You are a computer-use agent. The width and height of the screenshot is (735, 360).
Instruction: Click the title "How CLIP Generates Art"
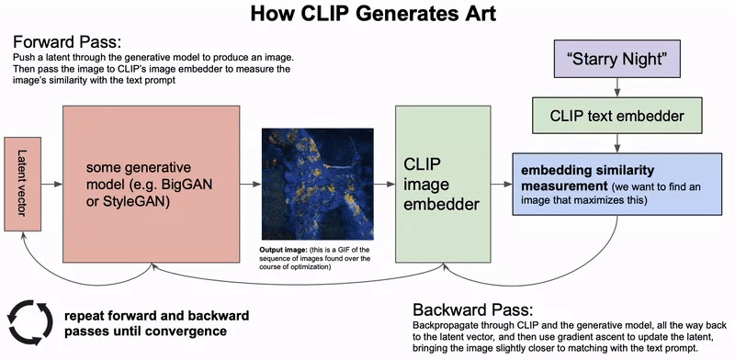[367, 17]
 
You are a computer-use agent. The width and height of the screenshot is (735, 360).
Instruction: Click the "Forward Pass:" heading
[66, 43]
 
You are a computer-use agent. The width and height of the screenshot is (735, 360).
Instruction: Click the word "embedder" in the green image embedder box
[441, 204]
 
